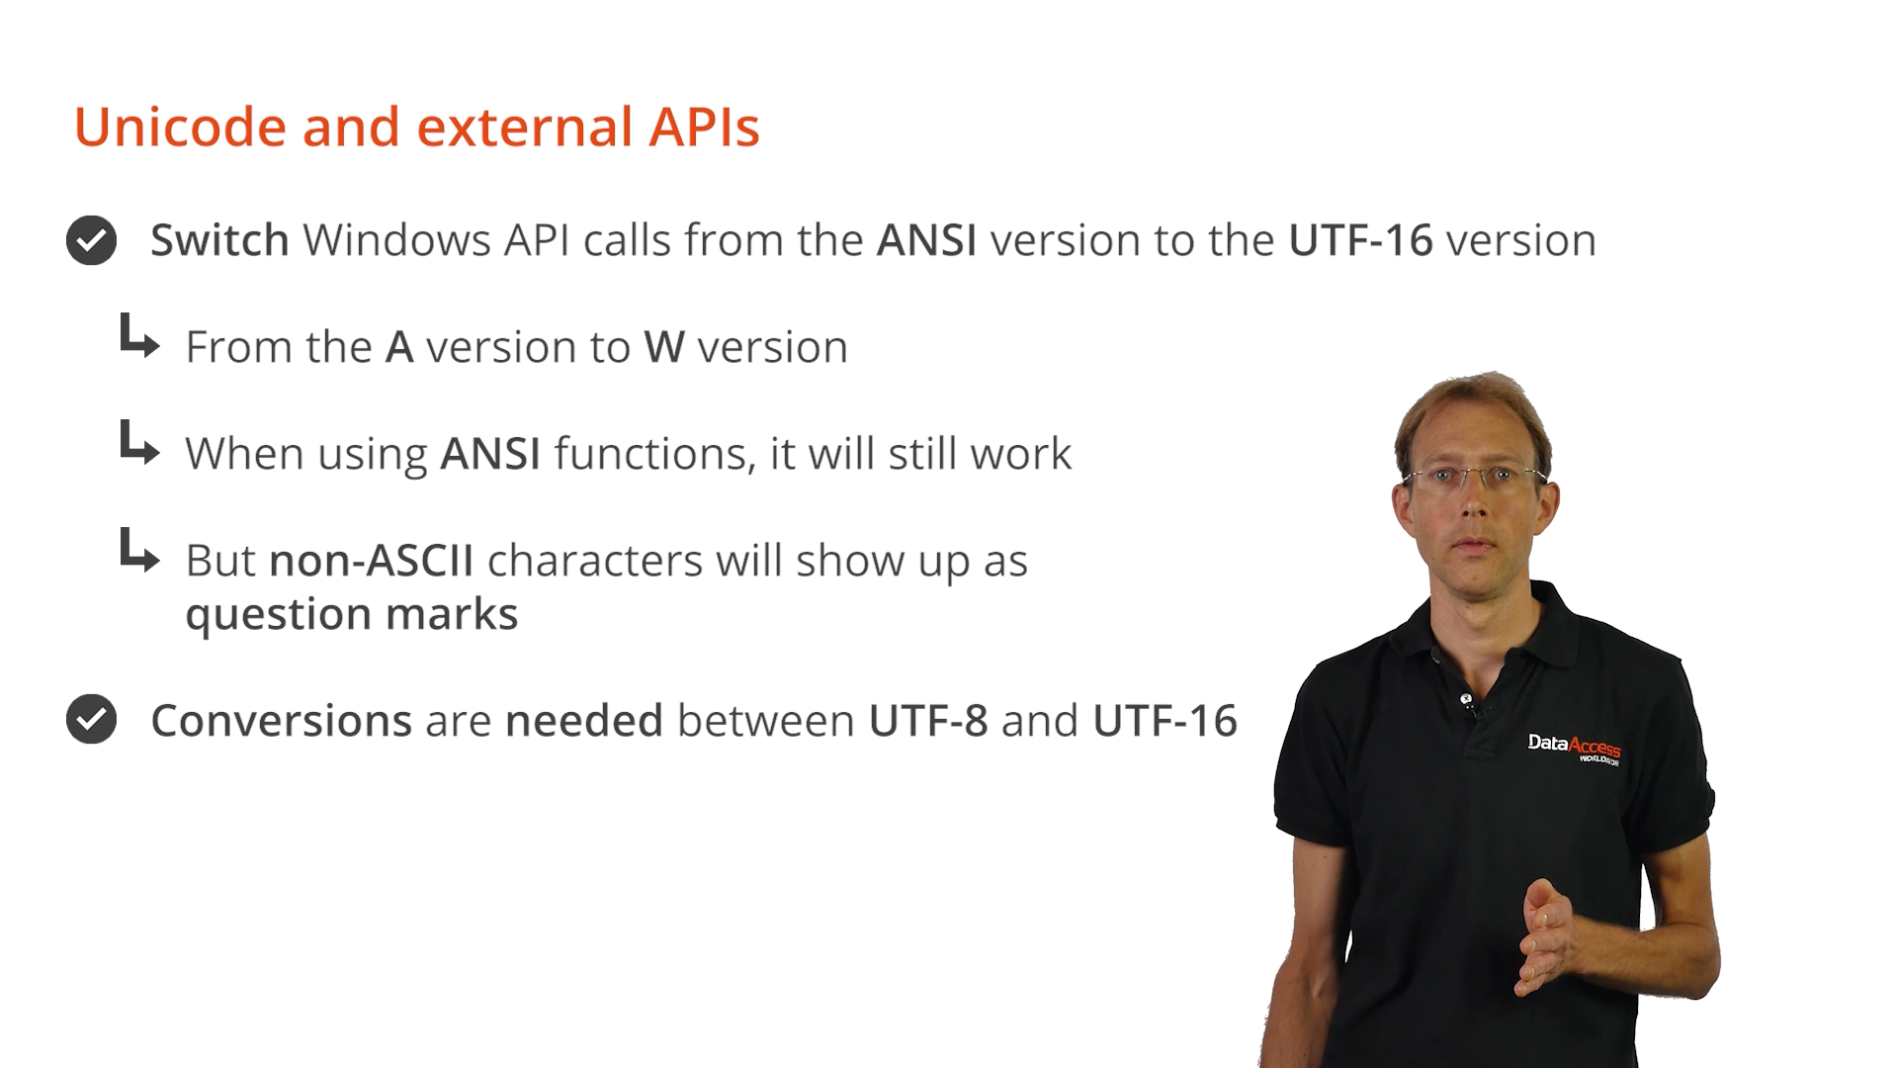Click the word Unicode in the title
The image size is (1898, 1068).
pos(181,128)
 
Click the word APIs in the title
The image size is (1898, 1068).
pos(704,128)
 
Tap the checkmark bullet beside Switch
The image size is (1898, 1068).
pos(91,240)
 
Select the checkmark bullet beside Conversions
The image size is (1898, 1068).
pos(91,719)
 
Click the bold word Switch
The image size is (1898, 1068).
pos(219,240)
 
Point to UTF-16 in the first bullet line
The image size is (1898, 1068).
pos(1360,240)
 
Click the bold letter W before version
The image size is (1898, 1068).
pos(664,347)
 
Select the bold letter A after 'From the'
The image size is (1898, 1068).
pos(399,347)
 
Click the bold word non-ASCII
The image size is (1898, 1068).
pos(372,561)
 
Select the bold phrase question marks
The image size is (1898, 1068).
pos(352,615)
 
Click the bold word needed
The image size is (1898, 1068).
pos(584,720)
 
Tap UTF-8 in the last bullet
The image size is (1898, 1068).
pos(928,720)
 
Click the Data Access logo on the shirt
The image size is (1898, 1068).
pos(1575,749)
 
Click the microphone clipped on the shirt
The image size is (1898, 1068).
pos(1467,701)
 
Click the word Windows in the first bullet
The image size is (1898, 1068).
pos(396,240)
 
